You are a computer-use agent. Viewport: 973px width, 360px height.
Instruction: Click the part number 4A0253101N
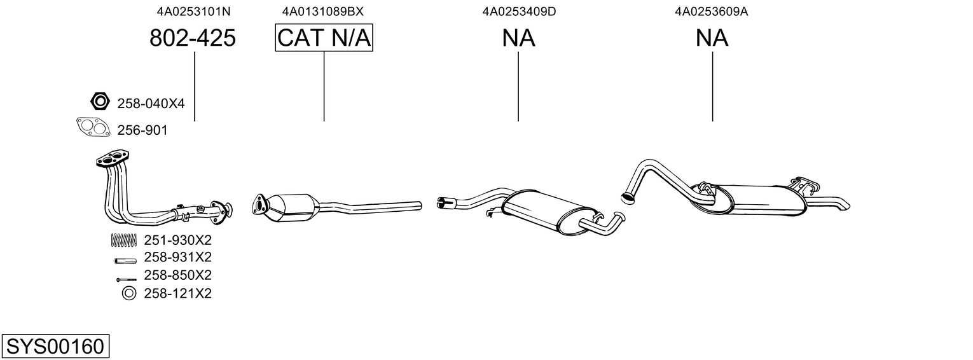193,11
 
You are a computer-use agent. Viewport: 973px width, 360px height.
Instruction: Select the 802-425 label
193,38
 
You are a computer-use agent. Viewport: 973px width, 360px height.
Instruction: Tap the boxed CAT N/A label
324,38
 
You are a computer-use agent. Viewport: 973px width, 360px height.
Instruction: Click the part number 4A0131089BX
323,11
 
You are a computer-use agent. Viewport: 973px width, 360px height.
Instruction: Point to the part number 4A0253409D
519,11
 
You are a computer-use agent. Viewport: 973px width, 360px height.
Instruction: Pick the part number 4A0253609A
712,11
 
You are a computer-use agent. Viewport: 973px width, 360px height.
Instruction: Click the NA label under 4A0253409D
518,38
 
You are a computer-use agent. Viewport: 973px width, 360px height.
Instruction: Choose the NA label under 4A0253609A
712,38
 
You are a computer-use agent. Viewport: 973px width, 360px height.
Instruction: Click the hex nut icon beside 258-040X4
100,101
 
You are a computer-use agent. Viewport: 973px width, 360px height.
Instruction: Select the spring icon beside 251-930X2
123,240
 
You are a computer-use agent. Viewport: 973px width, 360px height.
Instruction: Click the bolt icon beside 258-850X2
126,279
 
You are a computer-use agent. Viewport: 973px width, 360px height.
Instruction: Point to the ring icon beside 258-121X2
128,293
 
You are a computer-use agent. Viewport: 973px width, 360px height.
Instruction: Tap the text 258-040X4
151,102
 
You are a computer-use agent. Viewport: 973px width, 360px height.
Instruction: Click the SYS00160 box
55,347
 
